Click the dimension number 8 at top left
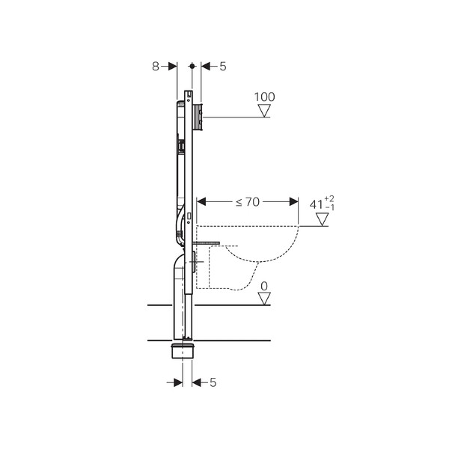coord(155,67)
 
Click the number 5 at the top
coord(223,67)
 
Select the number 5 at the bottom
coord(213,382)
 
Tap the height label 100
coord(265,97)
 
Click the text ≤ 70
coord(248,202)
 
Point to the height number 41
coord(316,205)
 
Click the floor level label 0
coord(264,286)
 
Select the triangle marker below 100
coord(264,111)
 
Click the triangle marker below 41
coord(322,219)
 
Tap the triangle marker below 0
coord(264,299)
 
